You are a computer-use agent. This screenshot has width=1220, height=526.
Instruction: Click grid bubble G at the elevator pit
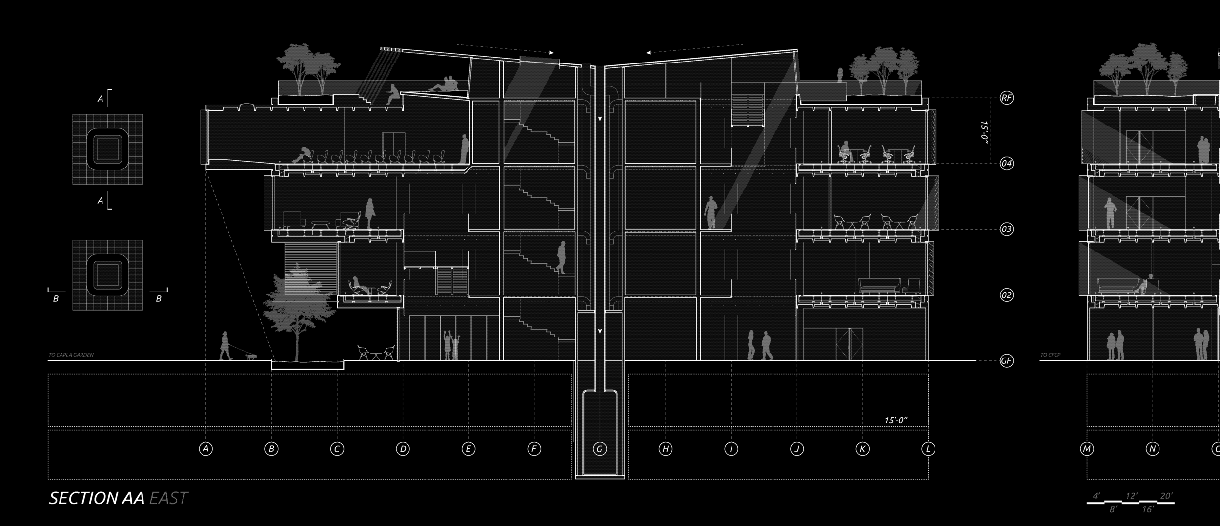(x=600, y=449)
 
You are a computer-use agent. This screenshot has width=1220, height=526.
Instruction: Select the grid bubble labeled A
(x=206, y=449)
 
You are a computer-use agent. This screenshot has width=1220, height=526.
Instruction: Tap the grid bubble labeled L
(x=928, y=449)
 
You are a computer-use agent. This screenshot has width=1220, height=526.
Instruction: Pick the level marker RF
(x=1006, y=98)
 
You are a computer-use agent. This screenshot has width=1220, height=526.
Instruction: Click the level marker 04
(x=1006, y=163)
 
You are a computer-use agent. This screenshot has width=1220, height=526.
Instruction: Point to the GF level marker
(x=1006, y=361)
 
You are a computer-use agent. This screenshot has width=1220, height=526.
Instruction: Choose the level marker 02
(x=1006, y=295)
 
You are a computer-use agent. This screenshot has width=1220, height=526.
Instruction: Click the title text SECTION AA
(x=97, y=498)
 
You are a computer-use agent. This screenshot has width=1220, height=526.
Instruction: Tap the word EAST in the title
(x=168, y=498)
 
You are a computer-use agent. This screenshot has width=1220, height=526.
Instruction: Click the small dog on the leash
(x=251, y=357)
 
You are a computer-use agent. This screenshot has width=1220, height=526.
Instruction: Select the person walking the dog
(x=225, y=346)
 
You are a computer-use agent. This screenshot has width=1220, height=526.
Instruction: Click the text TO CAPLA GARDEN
(x=71, y=355)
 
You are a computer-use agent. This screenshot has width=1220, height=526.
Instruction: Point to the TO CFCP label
(x=1051, y=355)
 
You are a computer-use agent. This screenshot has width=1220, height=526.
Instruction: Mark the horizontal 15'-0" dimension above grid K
(x=895, y=421)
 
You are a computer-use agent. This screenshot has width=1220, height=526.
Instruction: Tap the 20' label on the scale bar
(x=1166, y=496)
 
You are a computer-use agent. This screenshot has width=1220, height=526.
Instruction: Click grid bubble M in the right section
(x=1087, y=449)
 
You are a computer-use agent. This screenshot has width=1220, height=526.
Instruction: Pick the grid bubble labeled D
(x=403, y=449)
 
